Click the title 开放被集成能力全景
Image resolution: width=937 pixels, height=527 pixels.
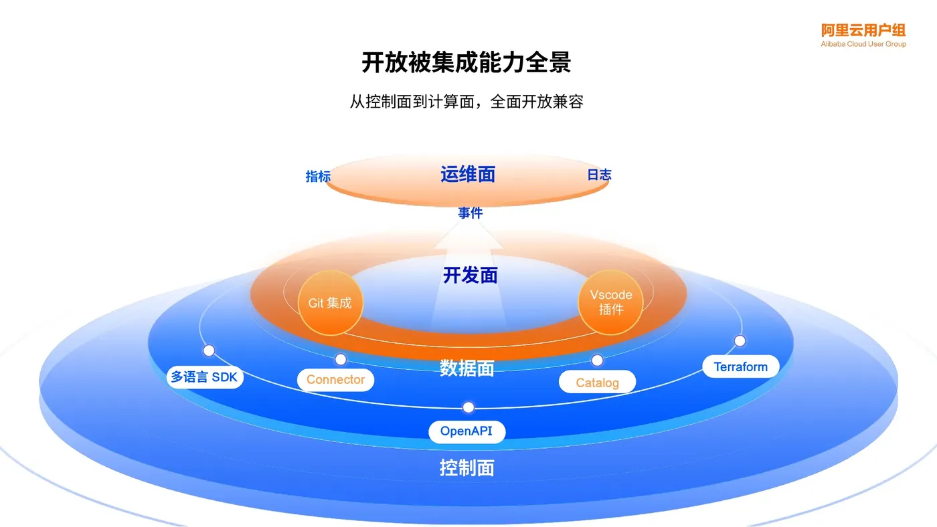coord(466,63)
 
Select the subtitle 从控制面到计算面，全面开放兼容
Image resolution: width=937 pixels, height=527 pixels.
coord(466,102)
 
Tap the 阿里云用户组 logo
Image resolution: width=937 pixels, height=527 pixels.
coord(863,35)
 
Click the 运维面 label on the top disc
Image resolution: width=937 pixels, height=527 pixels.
coord(468,175)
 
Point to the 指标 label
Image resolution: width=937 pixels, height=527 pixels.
coord(318,177)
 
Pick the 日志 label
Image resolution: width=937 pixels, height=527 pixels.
coord(599,175)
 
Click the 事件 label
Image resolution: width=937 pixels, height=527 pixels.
coord(470,213)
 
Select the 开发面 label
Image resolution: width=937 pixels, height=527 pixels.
coord(470,275)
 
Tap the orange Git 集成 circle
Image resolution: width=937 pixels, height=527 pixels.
coord(330,303)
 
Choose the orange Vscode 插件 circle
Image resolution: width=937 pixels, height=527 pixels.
coord(610,302)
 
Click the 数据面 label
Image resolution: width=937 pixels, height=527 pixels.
coord(467,368)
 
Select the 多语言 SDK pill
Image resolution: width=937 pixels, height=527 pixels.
coord(204,377)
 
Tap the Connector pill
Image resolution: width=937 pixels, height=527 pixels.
coord(335,380)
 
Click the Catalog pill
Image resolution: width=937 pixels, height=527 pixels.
coord(597,383)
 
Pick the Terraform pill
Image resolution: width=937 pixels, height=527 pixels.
coord(740,366)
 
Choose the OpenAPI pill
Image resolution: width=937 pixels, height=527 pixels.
coord(466,431)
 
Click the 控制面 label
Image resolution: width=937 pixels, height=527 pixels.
coord(467,467)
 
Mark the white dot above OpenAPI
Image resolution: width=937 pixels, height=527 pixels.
coord(468,407)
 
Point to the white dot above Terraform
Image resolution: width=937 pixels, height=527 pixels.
coord(740,341)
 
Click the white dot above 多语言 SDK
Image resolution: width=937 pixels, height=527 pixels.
coord(209,350)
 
